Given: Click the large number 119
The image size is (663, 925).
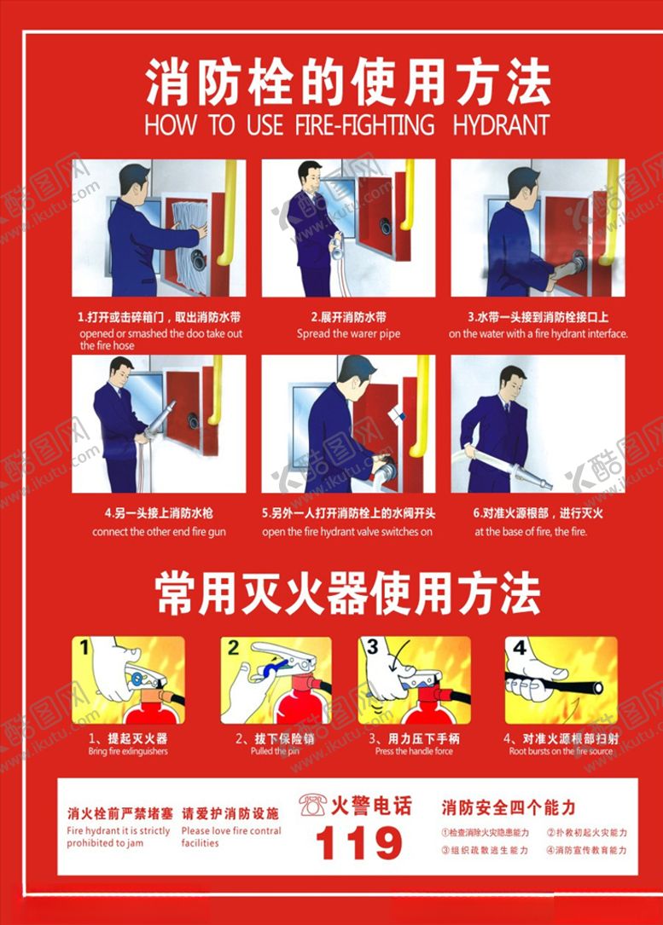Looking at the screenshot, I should (x=358, y=844).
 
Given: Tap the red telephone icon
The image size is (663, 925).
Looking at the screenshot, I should (x=312, y=805).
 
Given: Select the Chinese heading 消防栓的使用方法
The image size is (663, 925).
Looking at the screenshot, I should (x=347, y=83).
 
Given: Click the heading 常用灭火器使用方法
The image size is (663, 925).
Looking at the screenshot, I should (x=347, y=593).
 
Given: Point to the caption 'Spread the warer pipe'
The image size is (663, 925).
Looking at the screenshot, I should (x=348, y=333).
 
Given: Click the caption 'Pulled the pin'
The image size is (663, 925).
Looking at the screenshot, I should (x=274, y=751).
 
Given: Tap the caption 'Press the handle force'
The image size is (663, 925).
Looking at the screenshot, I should (x=414, y=751).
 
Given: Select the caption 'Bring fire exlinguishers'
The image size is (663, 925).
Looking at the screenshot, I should (x=128, y=751).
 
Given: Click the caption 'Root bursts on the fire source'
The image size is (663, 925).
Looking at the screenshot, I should (x=561, y=751).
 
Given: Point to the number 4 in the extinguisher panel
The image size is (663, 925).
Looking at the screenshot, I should (x=520, y=647).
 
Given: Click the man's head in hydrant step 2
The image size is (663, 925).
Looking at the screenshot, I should (x=311, y=176).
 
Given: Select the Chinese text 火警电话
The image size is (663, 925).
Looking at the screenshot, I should (x=370, y=805).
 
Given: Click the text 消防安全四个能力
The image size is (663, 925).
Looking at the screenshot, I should (x=508, y=806).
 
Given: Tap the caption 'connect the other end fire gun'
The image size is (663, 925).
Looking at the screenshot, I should (x=159, y=532).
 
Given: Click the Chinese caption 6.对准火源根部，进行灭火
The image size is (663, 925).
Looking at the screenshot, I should (x=538, y=513).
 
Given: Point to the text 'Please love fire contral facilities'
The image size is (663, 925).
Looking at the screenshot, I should (x=230, y=836).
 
